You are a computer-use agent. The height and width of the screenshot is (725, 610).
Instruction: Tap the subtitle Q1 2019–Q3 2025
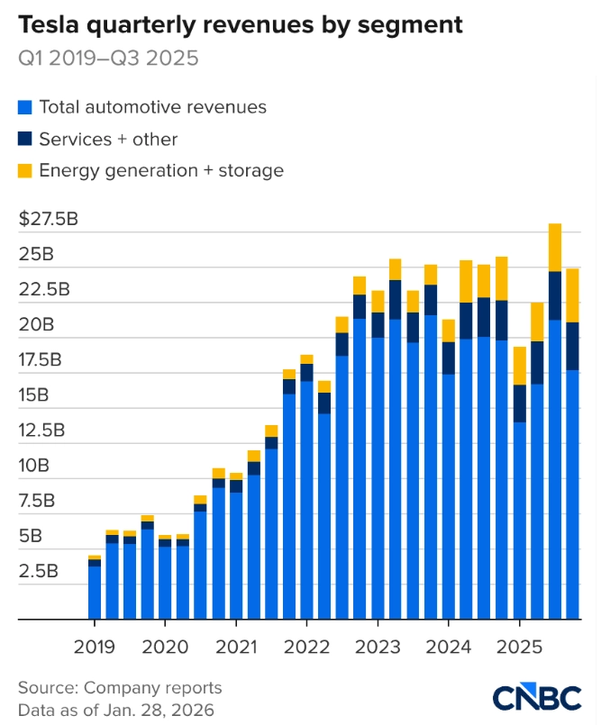tap(109, 59)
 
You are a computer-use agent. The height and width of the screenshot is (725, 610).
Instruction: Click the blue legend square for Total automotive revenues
tap(25, 108)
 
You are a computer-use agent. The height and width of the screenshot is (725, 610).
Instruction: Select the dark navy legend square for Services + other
tap(25, 140)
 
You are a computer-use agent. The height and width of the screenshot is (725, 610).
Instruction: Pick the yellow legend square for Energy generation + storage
tap(25, 170)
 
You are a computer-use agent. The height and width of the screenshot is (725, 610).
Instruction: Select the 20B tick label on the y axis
tap(36, 324)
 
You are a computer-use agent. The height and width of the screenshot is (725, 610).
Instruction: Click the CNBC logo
tap(537, 697)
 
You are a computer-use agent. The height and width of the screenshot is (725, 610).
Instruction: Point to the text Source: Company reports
tap(120, 688)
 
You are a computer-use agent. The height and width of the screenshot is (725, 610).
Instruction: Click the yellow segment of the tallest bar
tap(555, 247)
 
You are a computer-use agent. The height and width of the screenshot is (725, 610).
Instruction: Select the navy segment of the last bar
tap(572, 346)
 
